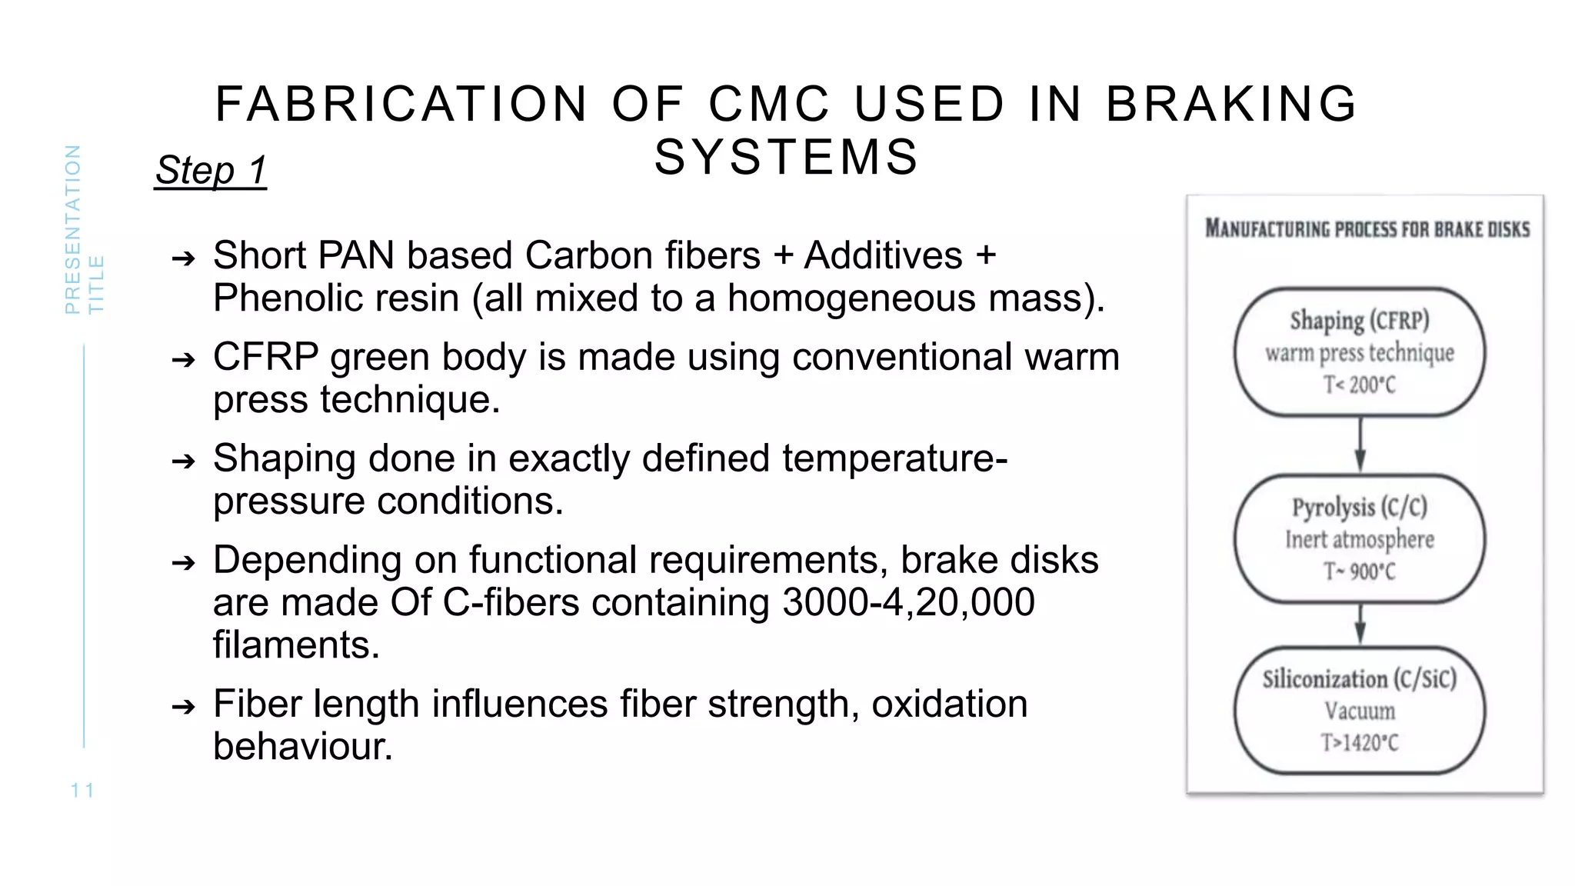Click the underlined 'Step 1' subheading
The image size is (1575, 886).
[211, 170]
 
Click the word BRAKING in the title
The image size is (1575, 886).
[1231, 104]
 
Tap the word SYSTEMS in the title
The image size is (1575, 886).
[786, 157]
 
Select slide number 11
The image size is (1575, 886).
[82, 790]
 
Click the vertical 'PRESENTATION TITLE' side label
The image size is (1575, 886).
[83, 229]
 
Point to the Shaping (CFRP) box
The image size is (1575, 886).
[1360, 352]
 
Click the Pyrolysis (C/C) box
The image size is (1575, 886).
[1360, 538]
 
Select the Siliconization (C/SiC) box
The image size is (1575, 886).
[1360, 710]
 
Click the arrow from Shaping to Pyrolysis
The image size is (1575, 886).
[1360, 445]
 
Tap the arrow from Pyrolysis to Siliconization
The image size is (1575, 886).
[1360, 624]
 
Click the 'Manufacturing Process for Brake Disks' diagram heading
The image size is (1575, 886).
[1367, 229]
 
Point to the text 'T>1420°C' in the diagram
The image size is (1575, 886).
[1360, 743]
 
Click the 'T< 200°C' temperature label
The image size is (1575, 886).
[1360, 385]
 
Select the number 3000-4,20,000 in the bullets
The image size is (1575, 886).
[908, 602]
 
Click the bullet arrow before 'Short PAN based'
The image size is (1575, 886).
[184, 258]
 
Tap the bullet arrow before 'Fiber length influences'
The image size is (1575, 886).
[184, 706]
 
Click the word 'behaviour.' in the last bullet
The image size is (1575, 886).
[303, 746]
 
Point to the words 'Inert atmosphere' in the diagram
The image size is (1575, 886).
[1360, 539]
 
